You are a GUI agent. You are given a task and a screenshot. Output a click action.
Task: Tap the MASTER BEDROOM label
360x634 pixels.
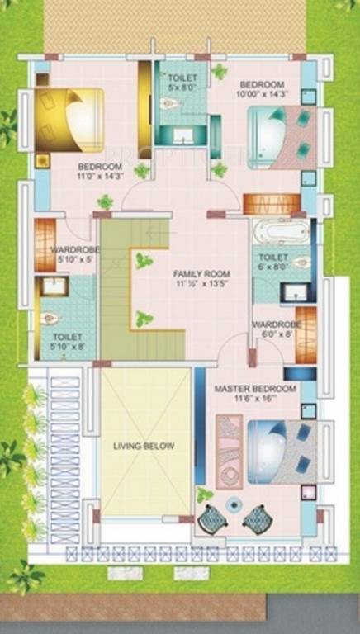tap(255, 388)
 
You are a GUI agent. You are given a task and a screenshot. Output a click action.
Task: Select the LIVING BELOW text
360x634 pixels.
tap(144, 447)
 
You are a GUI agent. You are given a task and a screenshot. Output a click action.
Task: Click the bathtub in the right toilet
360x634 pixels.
tap(281, 230)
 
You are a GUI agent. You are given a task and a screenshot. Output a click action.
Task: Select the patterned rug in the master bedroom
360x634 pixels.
tap(229, 451)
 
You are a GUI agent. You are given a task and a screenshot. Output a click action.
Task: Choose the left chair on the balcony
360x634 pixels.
tap(211, 518)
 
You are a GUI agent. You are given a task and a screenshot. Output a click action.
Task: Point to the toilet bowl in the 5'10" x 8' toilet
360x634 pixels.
tap(47, 317)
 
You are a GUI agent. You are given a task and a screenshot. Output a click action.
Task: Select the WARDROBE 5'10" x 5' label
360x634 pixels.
tap(74, 255)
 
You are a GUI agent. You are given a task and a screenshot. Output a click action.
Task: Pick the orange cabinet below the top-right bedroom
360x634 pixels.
tap(272, 204)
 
